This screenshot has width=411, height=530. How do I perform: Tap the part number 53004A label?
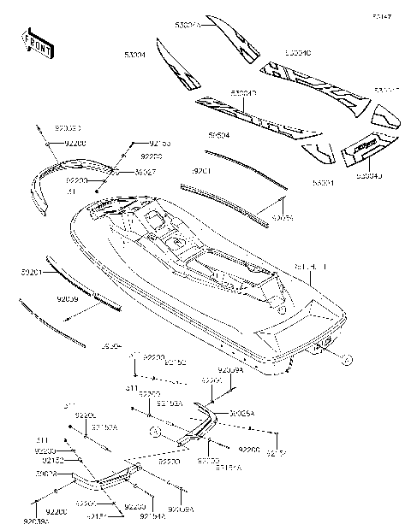(187, 26)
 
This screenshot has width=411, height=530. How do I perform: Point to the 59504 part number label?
(220, 135)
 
